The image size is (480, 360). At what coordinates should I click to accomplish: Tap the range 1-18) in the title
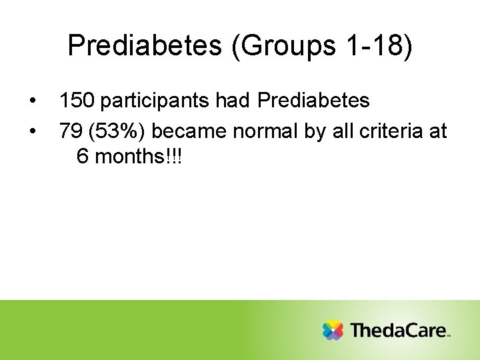point(379,45)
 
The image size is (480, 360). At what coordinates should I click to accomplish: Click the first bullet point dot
point(32,101)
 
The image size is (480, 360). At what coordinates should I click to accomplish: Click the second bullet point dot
point(32,131)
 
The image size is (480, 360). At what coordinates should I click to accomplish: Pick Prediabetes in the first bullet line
point(313,101)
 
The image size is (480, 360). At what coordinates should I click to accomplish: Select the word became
point(189,131)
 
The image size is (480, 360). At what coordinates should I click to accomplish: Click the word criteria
point(390,131)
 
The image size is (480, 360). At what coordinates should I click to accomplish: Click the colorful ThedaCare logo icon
point(333,330)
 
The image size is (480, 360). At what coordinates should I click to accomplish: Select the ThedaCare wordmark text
point(397,330)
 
